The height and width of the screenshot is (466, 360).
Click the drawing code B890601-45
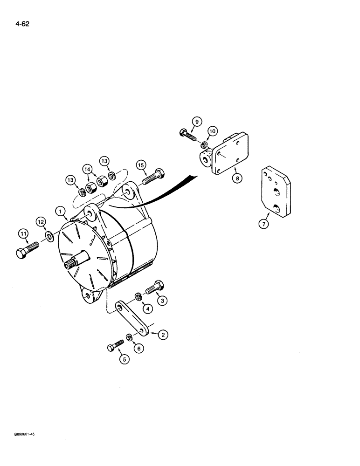click(x=19, y=433)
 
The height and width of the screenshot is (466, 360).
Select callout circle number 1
click(x=61, y=211)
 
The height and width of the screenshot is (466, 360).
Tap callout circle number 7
click(x=263, y=225)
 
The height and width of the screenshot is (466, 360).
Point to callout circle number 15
click(x=141, y=165)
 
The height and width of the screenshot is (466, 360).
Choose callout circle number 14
click(x=87, y=169)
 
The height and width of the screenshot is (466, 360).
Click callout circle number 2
click(x=164, y=334)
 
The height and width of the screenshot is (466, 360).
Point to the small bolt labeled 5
click(x=114, y=347)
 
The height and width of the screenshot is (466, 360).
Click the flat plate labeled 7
click(x=274, y=192)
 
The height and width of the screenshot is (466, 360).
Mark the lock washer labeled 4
click(x=138, y=296)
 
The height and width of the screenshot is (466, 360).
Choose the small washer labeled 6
click(x=129, y=336)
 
